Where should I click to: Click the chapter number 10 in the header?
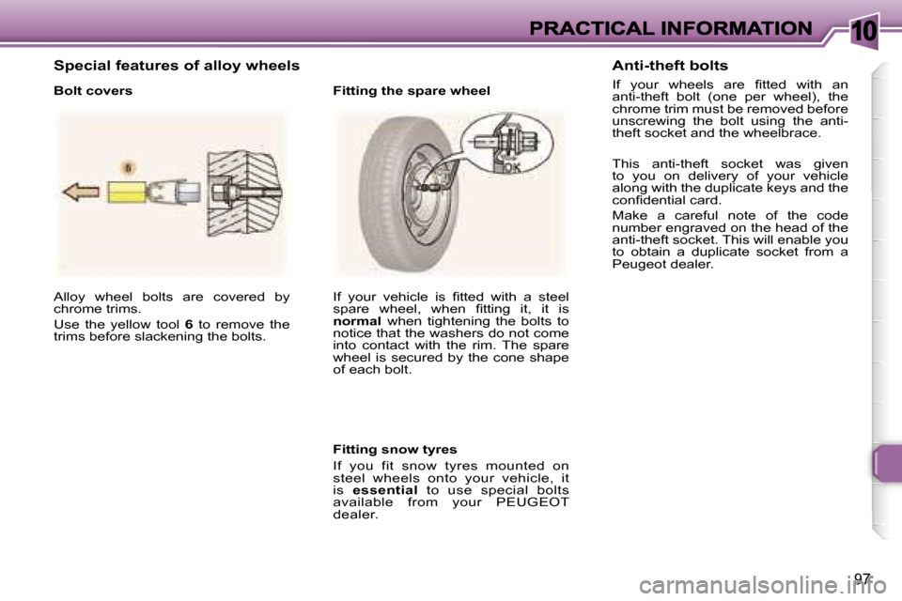pyautogui.click(x=864, y=31)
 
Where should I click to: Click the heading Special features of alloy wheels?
pyautogui.click(x=177, y=66)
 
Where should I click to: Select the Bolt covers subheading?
pyautogui.click(x=93, y=91)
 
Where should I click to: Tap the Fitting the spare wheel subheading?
pyautogui.click(x=412, y=91)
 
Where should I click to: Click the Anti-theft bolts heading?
pyautogui.click(x=670, y=66)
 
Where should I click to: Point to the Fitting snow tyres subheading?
pyautogui.click(x=395, y=449)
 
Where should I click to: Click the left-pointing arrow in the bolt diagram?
pyautogui.click(x=81, y=193)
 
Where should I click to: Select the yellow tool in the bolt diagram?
pyautogui.click(x=127, y=192)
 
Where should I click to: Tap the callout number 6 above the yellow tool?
pyautogui.click(x=129, y=168)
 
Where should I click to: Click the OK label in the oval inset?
pyautogui.click(x=511, y=167)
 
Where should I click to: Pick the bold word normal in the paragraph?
pyautogui.click(x=357, y=321)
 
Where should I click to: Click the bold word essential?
pyautogui.click(x=385, y=490)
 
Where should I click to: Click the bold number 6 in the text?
pyautogui.click(x=188, y=324)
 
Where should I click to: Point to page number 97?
pyautogui.click(x=862, y=578)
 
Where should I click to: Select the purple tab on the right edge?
pyautogui.click(x=886, y=463)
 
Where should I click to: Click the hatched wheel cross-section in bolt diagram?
pyautogui.click(x=244, y=193)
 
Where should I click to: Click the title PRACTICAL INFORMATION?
pyautogui.click(x=671, y=28)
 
